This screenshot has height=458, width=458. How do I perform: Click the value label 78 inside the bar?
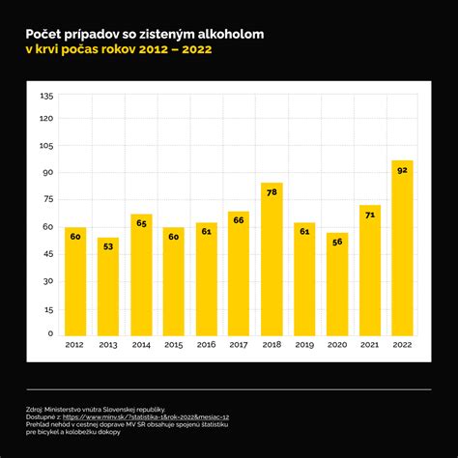click(x=272, y=192)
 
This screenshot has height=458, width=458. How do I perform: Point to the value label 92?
click(x=402, y=170)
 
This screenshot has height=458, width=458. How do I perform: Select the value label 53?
click(x=108, y=246)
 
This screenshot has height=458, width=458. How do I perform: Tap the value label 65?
click(x=141, y=223)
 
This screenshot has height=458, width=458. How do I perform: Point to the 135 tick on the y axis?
click(x=46, y=96)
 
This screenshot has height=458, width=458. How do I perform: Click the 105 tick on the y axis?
click(x=46, y=147)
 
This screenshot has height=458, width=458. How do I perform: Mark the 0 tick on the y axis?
click(x=50, y=333)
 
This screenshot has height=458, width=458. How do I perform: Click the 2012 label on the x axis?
click(x=75, y=344)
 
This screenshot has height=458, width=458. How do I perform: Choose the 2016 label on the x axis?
click(x=206, y=344)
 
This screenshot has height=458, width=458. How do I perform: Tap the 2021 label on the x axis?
click(x=369, y=344)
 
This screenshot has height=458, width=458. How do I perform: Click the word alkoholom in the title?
click(x=227, y=33)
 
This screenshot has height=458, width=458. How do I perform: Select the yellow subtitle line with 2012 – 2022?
click(x=118, y=49)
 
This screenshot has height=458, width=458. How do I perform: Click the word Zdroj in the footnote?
click(x=36, y=409)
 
